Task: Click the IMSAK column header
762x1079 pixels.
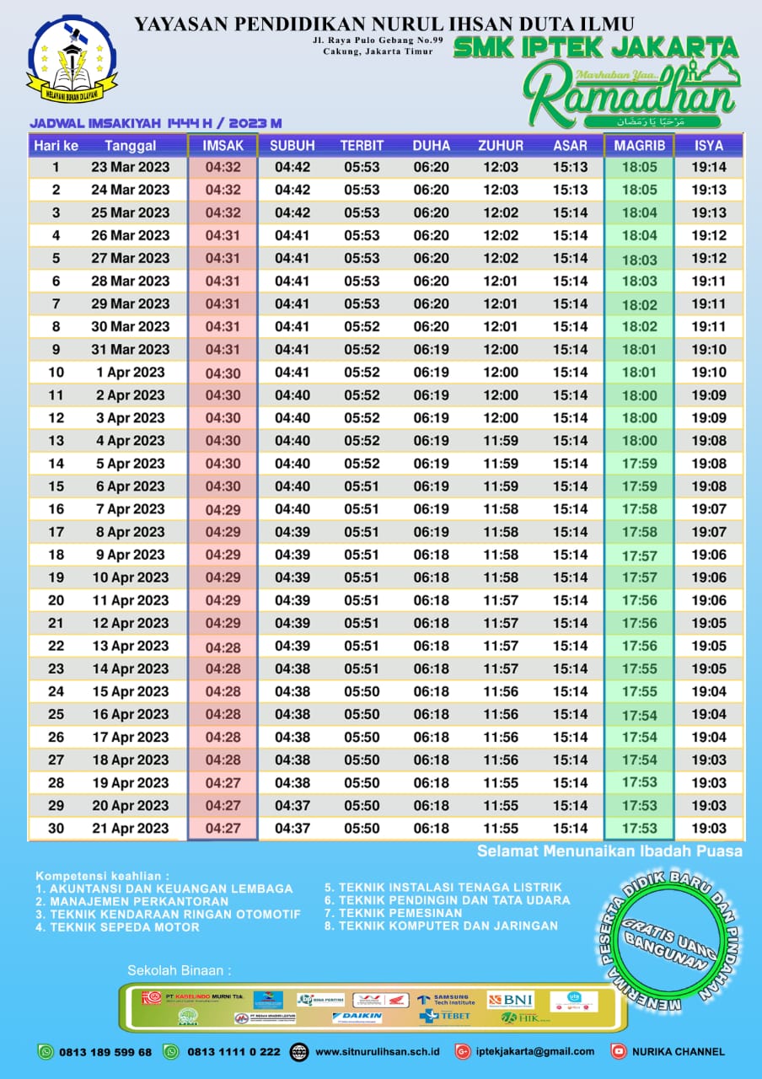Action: (x=223, y=146)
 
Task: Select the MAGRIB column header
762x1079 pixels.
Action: (x=639, y=146)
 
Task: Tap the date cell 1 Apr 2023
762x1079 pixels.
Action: (x=130, y=372)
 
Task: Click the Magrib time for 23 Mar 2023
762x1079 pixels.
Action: (x=639, y=168)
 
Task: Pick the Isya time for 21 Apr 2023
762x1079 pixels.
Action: (x=709, y=829)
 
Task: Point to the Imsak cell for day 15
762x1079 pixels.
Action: (x=223, y=486)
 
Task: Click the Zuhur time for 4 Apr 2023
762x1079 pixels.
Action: (x=501, y=440)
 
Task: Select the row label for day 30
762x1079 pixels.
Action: (x=56, y=829)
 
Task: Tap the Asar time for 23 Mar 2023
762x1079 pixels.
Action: (x=571, y=168)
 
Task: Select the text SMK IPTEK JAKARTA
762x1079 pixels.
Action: (x=595, y=47)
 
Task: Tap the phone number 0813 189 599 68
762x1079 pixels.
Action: (x=105, y=1052)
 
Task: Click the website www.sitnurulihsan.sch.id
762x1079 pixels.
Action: (x=377, y=1052)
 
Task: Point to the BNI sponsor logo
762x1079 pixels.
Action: (x=511, y=1000)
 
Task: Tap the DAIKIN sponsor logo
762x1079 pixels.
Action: (x=357, y=1017)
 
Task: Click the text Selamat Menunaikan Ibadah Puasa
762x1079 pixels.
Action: (x=609, y=851)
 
